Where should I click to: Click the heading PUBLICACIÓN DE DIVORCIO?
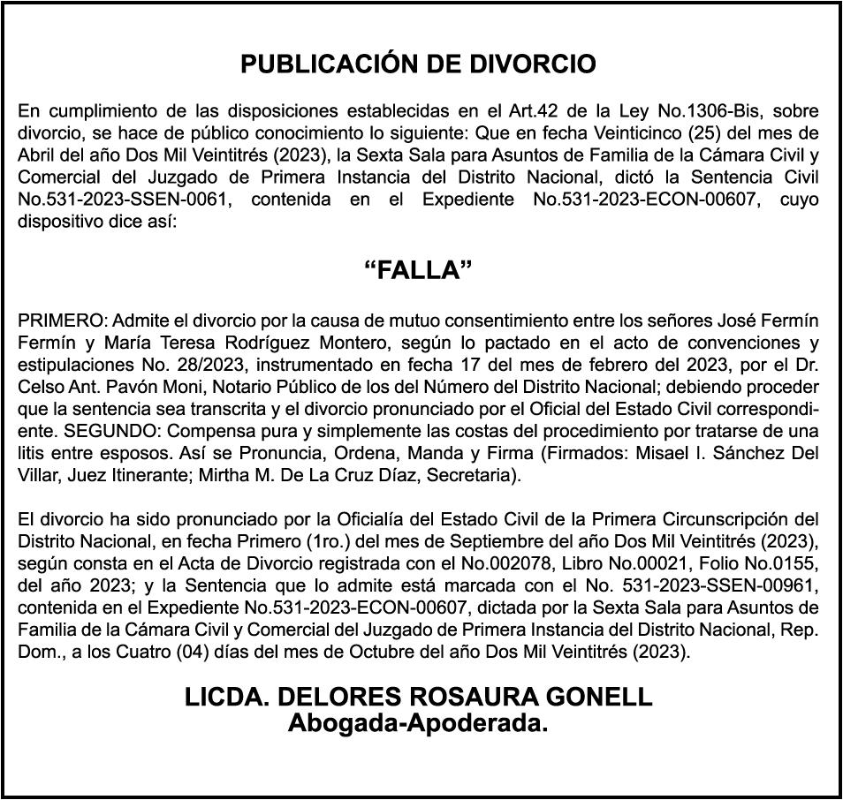[418, 64]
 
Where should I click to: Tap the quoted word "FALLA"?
[418, 271]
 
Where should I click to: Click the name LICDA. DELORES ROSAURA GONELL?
[418, 697]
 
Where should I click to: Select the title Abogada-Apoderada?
[418, 724]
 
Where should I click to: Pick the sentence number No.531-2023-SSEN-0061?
[124, 200]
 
